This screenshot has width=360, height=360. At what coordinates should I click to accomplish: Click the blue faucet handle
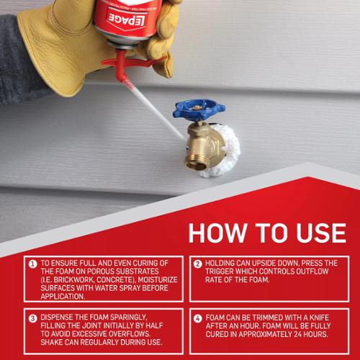tap(199, 110)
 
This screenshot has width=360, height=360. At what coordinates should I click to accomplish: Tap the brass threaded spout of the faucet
tap(196, 163)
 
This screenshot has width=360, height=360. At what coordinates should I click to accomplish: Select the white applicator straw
tap(156, 110)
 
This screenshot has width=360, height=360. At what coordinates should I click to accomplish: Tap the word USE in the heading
tap(321, 233)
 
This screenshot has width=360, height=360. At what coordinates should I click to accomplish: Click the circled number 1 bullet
tap(32, 264)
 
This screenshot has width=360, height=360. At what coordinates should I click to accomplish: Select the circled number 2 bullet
tap(198, 264)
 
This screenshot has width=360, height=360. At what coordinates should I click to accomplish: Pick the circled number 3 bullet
tap(32, 318)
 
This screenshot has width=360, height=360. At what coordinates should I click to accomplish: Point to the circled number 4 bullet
tap(198, 318)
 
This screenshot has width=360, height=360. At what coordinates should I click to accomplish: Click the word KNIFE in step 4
tap(319, 318)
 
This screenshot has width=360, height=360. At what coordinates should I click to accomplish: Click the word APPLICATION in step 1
tap(63, 297)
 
